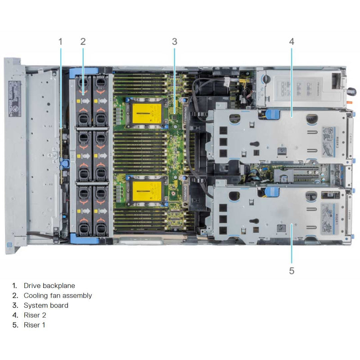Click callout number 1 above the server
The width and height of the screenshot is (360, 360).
click(x=61, y=41)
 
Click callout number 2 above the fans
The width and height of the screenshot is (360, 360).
click(x=83, y=41)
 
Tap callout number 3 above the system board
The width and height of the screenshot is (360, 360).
click(x=175, y=41)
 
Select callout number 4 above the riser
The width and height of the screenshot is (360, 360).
click(x=292, y=41)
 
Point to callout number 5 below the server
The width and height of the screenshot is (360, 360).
click(x=292, y=270)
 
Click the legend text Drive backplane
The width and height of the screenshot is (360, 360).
click(x=49, y=285)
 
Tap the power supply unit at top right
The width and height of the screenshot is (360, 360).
click(x=301, y=85)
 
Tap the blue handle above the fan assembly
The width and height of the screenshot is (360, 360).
click(x=85, y=71)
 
